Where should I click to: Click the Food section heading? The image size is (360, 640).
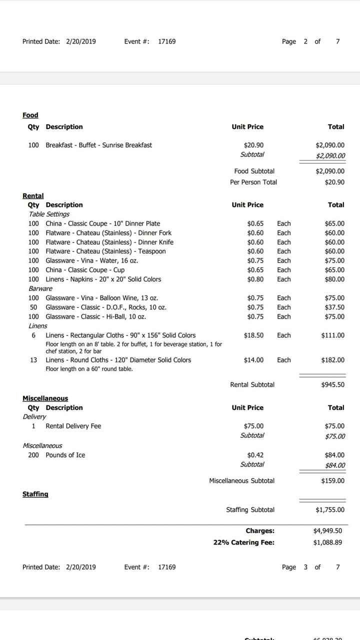[30, 115]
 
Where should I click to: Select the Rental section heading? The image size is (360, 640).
[33, 195]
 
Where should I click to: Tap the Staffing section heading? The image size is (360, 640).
[35, 494]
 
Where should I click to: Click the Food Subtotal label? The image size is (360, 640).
[254, 171]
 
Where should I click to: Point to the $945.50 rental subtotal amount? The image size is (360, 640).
[332, 384]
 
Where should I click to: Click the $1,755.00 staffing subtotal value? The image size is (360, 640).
[330, 509]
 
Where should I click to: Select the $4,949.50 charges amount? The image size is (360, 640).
[327, 530]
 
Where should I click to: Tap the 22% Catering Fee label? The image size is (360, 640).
[243, 542]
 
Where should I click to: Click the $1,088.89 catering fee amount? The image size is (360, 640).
[327, 542]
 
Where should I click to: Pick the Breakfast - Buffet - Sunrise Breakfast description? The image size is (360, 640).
[99, 145]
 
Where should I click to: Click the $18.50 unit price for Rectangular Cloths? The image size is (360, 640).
[253, 335]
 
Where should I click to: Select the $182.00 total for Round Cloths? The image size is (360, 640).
[332, 360]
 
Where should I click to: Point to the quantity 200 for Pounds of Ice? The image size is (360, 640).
[33, 455]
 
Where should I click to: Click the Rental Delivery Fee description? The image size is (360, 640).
[73, 426]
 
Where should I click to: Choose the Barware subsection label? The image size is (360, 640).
[40, 288]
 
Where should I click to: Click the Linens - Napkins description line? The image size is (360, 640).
[103, 279]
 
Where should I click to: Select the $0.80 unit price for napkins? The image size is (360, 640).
[255, 279]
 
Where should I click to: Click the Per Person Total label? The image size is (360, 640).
[253, 182]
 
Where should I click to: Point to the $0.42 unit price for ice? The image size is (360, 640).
[255, 455]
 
